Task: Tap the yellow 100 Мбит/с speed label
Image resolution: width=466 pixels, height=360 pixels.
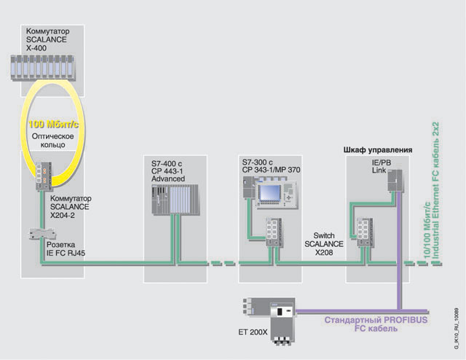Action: [52, 124]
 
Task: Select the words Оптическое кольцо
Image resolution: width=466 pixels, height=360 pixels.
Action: [51, 140]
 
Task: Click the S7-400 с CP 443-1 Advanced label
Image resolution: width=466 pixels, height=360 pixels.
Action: [170, 170]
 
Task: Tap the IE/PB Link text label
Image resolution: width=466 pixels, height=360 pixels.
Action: [379, 171]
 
